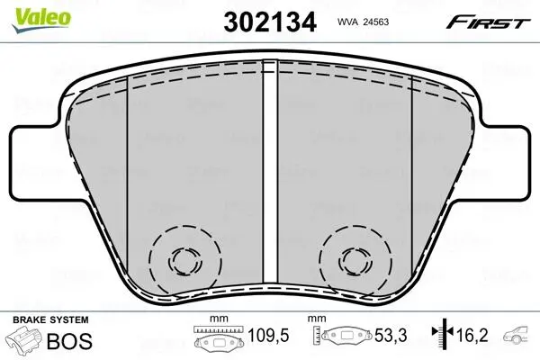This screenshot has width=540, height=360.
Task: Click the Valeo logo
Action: (41, 19)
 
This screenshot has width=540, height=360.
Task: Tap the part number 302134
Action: (270, 22)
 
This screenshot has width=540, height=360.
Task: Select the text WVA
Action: (347, 22)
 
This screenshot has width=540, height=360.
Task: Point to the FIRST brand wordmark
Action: (488, 22)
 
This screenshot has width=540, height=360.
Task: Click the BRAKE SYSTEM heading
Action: (50, 319)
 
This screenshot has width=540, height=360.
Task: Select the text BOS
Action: (69, 341)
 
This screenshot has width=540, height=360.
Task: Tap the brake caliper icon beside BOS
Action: (25, 339)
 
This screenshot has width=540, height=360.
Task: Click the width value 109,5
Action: (268, 335)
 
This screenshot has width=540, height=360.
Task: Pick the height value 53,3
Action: (391, 335)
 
